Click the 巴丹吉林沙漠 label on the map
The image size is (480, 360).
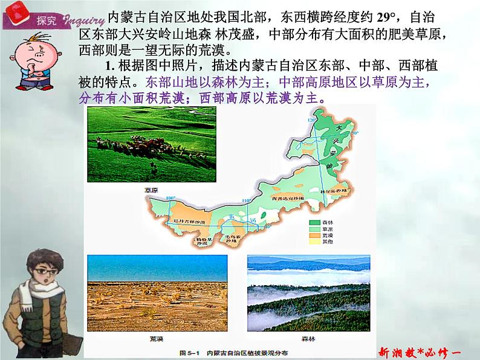[x=190, y=222]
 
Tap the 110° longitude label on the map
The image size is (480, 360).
[x=245, y=200]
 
